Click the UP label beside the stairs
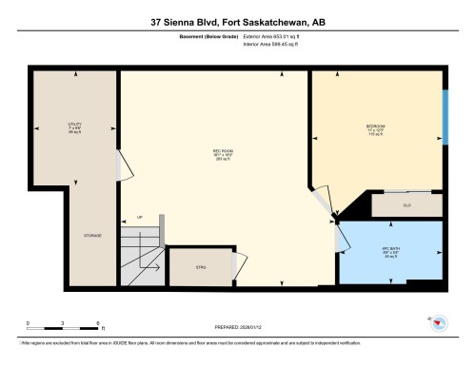tap(140, 218)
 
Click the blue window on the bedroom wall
tap(445, 116)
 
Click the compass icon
tap(439, 322)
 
